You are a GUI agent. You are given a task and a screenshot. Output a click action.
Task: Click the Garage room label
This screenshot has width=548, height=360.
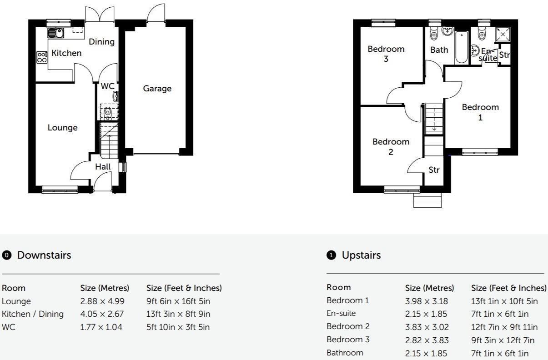[x=157, y=89]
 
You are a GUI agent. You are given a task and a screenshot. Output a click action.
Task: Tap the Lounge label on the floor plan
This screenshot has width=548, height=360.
[x=62, y=128]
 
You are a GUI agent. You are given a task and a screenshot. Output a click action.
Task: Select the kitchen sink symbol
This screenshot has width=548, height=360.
[x=55, y=33]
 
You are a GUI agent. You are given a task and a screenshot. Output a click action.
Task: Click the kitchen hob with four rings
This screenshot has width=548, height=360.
[x=42, y=57]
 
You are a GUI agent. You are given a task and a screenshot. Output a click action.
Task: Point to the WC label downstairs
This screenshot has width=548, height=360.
[x=107, y=86]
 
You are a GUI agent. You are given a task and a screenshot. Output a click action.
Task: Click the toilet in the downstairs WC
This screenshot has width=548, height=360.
[x=108, y=112]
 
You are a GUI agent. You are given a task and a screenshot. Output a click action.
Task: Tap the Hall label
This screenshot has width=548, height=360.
[x=103, y=167]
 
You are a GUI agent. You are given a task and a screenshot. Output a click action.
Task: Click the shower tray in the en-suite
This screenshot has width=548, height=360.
[x=503, y=34]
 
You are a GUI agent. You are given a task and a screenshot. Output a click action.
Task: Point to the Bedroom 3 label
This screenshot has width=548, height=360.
[x=386, y=54]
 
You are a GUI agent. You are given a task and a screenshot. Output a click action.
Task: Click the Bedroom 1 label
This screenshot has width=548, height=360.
[x=480, y=112]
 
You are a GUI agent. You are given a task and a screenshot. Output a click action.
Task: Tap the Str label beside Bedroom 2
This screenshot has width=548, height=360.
[x=434, y=170]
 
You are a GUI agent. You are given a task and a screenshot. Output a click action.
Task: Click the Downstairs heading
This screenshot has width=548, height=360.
[x=44, y=255]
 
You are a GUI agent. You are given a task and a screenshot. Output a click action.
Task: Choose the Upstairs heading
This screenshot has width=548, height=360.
[x=361, y=255]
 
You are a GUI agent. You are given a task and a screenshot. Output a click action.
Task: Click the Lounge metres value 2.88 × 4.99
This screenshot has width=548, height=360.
[x=101, y=301]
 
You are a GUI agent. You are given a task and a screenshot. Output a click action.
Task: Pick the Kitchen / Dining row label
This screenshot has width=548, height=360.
[x=33, y=314]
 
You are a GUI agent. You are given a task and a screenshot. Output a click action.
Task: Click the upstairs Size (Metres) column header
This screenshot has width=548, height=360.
[x=429, y=288]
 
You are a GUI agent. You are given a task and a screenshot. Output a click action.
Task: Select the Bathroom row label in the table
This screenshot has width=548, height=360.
[x=345, y=353]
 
